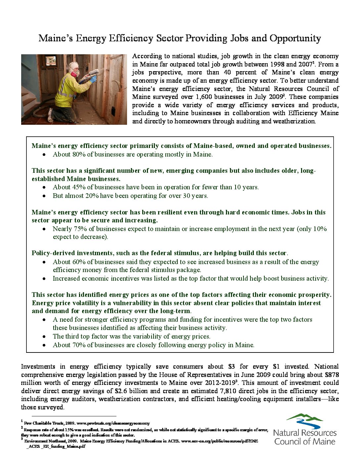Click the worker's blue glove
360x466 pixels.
tap(93, 79)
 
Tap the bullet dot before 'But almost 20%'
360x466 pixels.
tap(44, 196)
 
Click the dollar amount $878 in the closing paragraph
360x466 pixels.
tap(332, 375)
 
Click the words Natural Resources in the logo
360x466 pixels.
tap(305, 433)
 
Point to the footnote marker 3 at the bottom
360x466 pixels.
tap(22, 439)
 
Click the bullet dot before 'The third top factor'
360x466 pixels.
tap(44, 336)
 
